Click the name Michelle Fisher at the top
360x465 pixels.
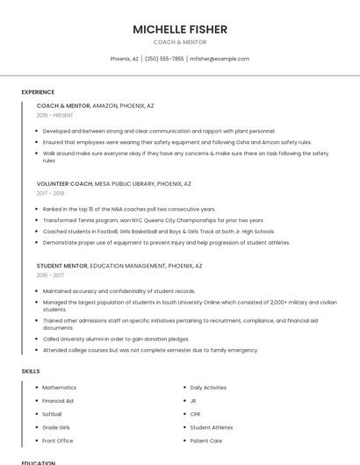[x=180, y=29]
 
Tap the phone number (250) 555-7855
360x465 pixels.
[x=164, y=59]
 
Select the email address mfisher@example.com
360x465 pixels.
[x=220, y=59]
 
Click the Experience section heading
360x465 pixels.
[x=38, y=92]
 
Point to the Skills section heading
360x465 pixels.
[x=30, y=371]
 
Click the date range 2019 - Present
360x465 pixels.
[x=55, y=115]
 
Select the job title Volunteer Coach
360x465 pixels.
[x=64, y=184]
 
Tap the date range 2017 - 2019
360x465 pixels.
[x=50, y=194]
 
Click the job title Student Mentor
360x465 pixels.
[x=61, y=265]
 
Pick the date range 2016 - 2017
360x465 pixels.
[x=50, y=275]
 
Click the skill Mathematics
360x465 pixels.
[x=59, y=388]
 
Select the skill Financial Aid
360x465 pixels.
[x=58, y=401]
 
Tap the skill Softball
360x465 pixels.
[x=52, y=414]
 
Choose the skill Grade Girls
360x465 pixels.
[x=55, y=427]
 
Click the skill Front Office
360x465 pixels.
[x=57, y=440]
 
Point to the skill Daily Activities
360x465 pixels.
[x=208, y=388]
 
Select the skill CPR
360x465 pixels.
[x=195, y=414]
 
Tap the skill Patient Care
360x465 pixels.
[x=205, y=440]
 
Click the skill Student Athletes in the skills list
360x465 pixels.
[x=212, y=427]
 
